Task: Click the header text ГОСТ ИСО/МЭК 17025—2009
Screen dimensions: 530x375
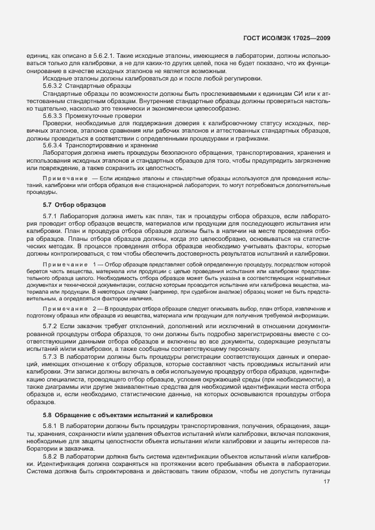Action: pyautogui.click(x=286, y=38)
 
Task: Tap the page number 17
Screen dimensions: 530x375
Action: pyautogui.click(x=326, y=498)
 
